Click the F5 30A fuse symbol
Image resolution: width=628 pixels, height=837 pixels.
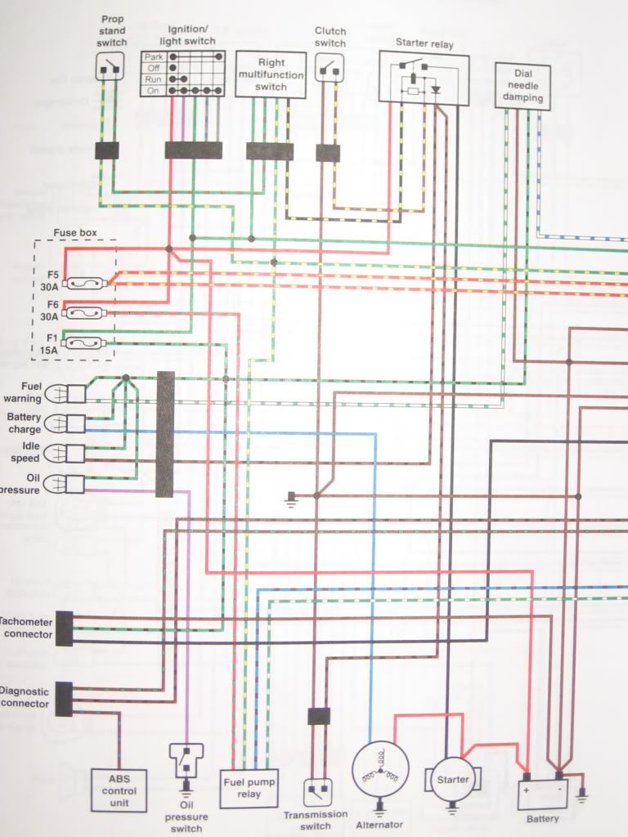click(84, 283)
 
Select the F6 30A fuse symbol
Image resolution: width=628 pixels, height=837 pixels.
click(84, 313)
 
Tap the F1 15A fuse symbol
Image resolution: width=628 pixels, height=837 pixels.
click(84, 343)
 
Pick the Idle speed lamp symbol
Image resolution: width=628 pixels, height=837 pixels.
click(65, 454)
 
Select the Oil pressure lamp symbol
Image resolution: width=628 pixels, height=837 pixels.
click(64, 484)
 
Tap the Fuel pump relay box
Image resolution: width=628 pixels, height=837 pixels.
click(249, 789)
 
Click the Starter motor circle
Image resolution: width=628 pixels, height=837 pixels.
click(452, 779)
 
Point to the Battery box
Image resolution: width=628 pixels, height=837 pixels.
click(542, 794)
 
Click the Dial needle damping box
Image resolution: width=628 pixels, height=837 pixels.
click(523, 86)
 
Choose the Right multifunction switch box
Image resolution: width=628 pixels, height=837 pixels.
click(271, 74)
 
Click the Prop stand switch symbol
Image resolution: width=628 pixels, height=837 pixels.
click(111, 66)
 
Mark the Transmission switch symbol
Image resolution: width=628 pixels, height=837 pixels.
click(318, 792)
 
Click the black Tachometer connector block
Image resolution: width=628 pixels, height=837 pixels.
click(64, 629)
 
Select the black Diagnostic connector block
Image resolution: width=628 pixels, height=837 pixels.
click(64, 699)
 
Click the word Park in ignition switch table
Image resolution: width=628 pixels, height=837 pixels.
click(153, 56)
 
